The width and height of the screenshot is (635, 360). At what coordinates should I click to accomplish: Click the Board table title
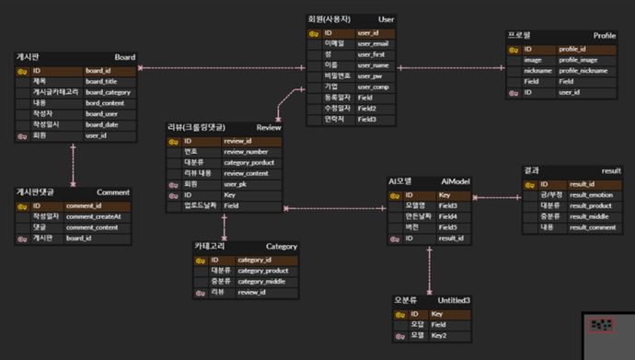pos(124,57)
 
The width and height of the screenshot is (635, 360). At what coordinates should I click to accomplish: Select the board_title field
pos(102,81)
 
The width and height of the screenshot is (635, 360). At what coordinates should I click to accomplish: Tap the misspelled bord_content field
pos(104,102)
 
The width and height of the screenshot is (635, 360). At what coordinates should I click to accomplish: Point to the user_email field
pos(373,43)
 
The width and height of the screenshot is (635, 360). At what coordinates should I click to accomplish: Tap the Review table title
pos(269,127)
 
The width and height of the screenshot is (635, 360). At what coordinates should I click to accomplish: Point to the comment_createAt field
pos(95,215)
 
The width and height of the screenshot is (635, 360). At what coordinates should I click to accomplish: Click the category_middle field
pos(262,281)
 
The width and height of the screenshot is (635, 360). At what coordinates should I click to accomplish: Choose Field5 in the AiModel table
pos(448,227)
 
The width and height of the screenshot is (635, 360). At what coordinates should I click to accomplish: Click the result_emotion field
pos(590,194)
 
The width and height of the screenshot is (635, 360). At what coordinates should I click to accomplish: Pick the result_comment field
pos(592,226)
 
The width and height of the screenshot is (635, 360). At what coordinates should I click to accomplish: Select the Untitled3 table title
pos(454,301)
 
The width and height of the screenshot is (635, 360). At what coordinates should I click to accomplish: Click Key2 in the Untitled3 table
pos(440,336)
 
